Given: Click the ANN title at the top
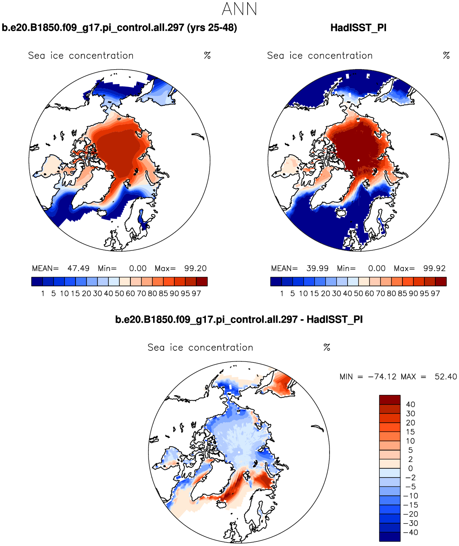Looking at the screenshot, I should coord(239,9).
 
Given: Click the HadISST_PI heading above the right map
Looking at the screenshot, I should coord(358,28).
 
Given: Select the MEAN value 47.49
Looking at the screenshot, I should coord(78,269).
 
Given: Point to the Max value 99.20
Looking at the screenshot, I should coord(195,269).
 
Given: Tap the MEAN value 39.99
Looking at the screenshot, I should coord(318,269).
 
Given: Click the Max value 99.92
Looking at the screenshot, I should coord(434,269).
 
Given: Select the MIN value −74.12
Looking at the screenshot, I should coord(382,377).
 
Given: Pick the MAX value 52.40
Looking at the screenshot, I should coord(445,377).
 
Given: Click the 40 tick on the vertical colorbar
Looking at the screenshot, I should coord(410,405).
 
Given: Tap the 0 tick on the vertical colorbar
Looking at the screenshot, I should coord(410,469).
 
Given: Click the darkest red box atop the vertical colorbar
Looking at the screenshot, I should coord(389,400).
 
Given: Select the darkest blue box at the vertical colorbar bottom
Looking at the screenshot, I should coord(389,537).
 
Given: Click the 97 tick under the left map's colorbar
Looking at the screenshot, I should coord(196,293).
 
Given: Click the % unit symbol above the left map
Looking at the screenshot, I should coord(207,56).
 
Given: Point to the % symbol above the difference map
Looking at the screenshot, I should coord(327,348).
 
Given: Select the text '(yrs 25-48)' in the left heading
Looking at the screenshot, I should coord(212,28).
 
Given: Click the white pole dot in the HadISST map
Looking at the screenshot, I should coord(359,160).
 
